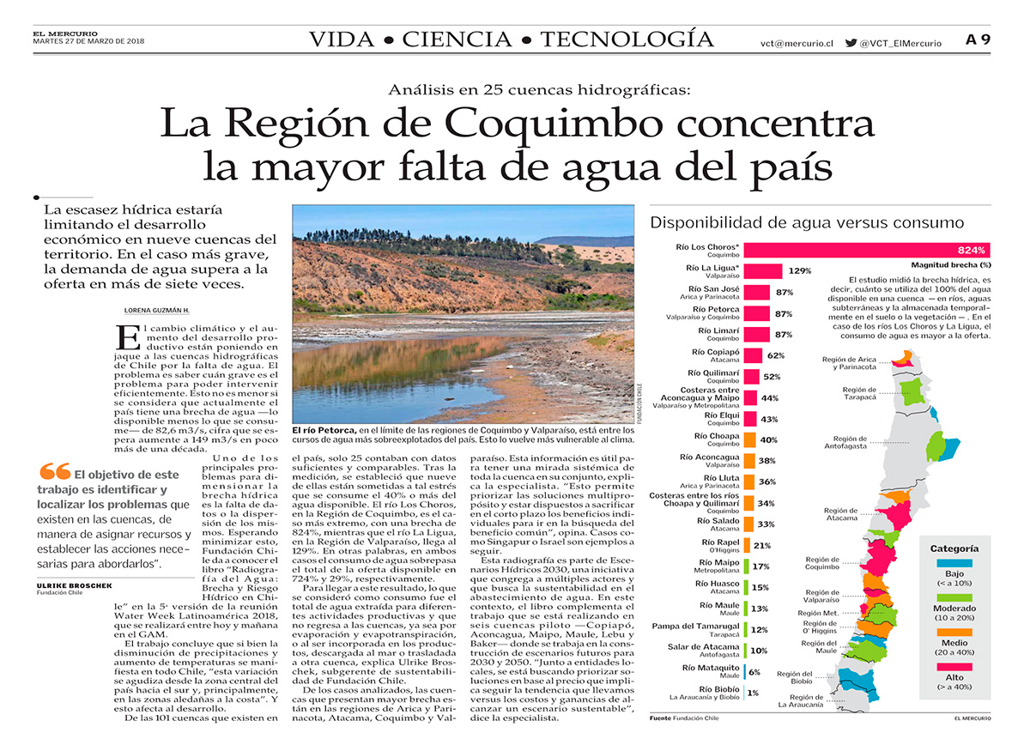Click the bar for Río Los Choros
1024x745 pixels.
pyautogui.click(x=867, y=251)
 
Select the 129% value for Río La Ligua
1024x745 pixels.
pyautogui.click(x=800, y=271)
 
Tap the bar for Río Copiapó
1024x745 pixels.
pyautogui.click(x=752, y=355)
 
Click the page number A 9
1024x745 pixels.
pyautogui.click(x=978, y=39)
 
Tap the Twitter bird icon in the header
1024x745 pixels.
pyautogui.click(x=851, y=42)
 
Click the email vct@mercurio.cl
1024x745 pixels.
pyautogui.click(x=797, y=43)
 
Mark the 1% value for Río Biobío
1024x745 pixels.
pyautogui.click(x=752, y=693)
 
